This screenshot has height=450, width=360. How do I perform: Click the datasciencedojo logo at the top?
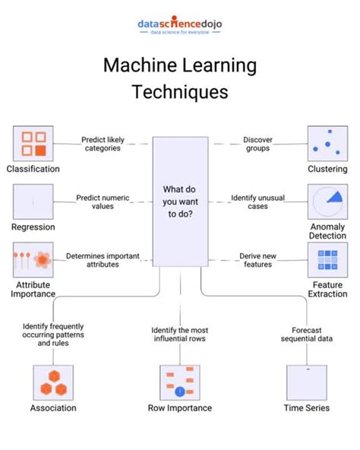click(x=179, y=26)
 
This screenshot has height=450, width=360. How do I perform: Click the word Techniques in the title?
click(x=180, y=92)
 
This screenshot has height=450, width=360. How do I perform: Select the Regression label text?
click(x=33, y=227)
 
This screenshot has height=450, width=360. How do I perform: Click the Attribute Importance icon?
click(x=33, y=260)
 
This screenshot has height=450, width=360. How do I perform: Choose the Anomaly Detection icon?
click(x=327, y=202)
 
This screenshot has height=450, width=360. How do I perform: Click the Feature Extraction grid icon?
click(x=327, y=261)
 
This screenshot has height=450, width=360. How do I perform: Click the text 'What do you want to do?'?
click(x=179, y=201)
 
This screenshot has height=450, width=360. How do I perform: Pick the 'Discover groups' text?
click(x=257, y=144)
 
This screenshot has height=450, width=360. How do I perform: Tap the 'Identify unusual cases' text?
click(x=257, y=202)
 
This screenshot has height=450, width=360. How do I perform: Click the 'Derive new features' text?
click(x=257, y=261)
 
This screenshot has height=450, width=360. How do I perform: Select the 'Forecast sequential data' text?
click(x=306, y=335)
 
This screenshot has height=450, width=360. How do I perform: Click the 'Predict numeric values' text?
click(x=103, y=202)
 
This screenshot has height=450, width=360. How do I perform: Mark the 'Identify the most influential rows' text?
click(x=179, y=335)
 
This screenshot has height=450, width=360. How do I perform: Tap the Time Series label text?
click(x=306, y=408)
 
